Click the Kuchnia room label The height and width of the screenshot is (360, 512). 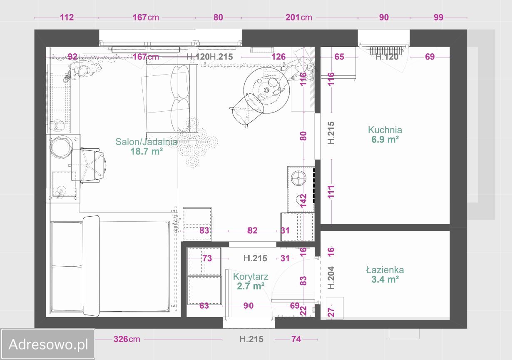385,130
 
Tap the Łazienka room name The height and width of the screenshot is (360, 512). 385,270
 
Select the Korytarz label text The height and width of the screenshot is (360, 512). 251,277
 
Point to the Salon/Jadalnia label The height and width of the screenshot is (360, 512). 146,142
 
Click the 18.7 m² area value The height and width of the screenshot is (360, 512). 147,151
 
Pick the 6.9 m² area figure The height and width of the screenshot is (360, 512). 385,140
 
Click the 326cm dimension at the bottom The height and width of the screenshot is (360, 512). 127,339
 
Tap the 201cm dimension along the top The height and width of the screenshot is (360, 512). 299,17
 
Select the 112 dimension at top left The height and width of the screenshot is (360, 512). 67,17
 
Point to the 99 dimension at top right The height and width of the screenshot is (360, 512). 438,17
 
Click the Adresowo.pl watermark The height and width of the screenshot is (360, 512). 48,344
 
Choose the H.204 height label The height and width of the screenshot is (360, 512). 331,277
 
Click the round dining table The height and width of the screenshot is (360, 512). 266,90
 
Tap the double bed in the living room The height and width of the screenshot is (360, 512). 110,266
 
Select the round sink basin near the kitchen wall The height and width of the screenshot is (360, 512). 298,178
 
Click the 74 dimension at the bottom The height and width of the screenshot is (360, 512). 296,339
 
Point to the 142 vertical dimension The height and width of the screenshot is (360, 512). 303,201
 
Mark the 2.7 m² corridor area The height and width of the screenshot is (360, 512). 251,286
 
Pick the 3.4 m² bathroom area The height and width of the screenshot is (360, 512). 385,280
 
